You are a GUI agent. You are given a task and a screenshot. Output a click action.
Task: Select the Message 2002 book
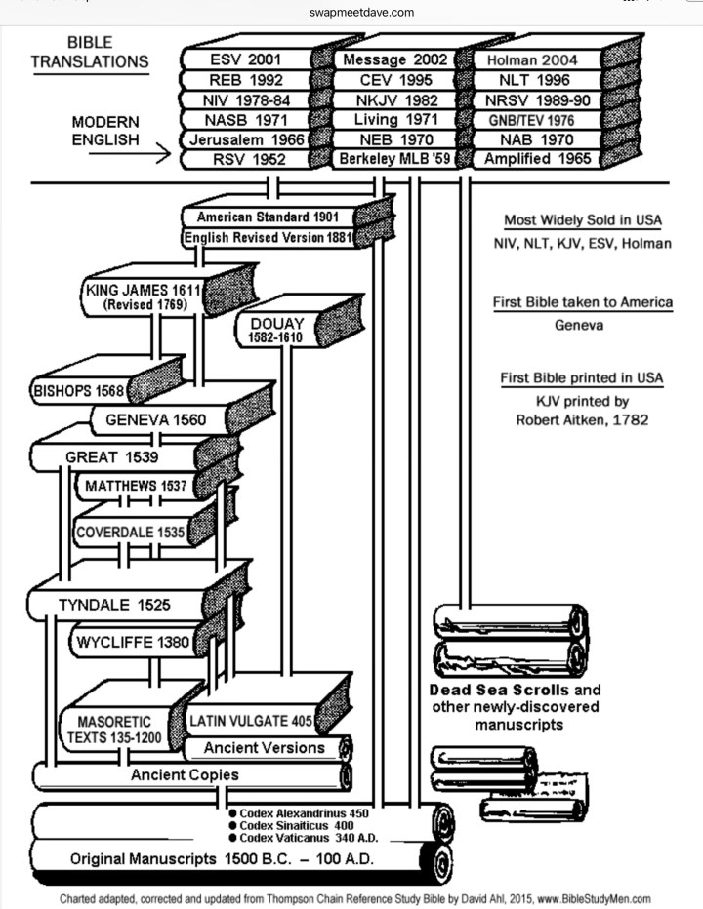393,59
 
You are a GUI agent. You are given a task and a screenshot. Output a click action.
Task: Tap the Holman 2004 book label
532,59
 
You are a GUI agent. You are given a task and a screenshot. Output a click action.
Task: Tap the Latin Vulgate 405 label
251,722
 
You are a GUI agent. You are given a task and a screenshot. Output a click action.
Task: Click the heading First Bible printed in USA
582,378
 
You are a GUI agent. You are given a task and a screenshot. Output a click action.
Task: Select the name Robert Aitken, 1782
582,421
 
